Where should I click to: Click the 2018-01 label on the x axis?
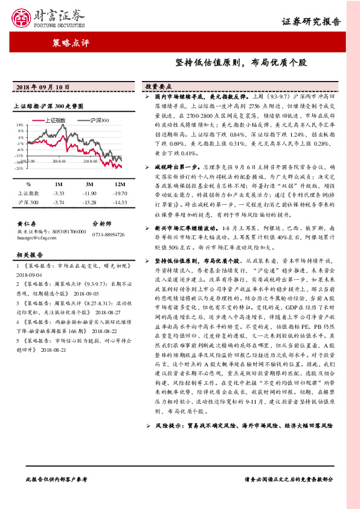click(x=59, y=162)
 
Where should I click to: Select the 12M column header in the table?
click(x=120, y=184)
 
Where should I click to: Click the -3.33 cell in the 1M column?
click(x=59, y=193)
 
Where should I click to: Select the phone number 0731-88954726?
click(x=108, y=234)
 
